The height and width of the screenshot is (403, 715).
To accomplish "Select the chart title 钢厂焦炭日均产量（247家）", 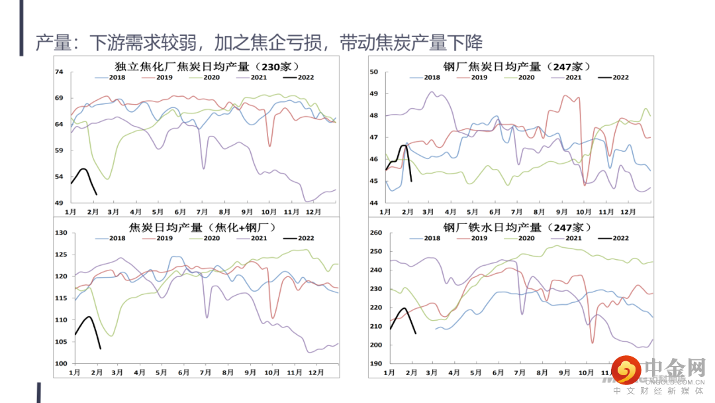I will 517,66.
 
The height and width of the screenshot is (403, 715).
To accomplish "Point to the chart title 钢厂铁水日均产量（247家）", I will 517,227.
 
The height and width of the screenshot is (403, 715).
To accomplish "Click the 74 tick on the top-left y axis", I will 59,72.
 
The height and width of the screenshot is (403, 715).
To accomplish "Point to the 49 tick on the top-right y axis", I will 373,93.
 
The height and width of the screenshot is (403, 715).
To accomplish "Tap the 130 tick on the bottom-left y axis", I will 61,233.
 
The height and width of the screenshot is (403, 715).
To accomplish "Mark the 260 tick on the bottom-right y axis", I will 375,233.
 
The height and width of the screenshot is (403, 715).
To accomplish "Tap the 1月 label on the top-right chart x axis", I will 385,211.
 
